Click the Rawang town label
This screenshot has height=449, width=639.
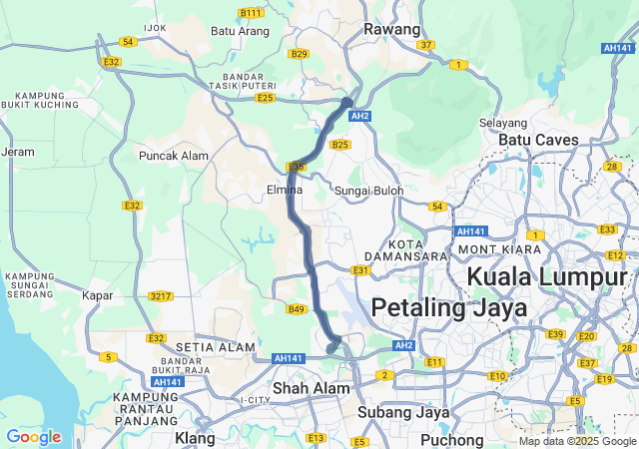pyautogui.click(x=391, y=30)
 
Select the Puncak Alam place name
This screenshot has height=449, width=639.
pyautogui.click(x=167, y=156)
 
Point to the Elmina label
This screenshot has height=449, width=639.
pyautogui.click(x=285, y=190)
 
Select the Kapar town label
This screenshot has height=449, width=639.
pyautogui.click(x=99, y=296)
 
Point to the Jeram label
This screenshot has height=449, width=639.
pyautogui.click(x=18, y=153)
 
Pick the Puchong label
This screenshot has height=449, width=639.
pyautogui.click(x=452, y=438)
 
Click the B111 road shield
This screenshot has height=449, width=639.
pyautogui.click(x=252, y=13)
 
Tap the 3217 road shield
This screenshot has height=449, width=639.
pyautogui.click(x=160, y=296)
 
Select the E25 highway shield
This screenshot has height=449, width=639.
pyautogui.click(x=265, y=98)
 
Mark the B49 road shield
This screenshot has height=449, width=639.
pyautogui.click(x=296, y=309)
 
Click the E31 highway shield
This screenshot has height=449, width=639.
pyautogui.click(x=360, y=270)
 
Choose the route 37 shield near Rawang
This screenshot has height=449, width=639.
pyautogui.click(x=426, y=45)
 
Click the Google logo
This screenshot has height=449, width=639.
pyautogui.click(x=33, y=437)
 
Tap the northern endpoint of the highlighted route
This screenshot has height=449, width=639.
pyautogui.click(x=347, y=102)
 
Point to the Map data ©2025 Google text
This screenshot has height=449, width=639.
pyautogui.click(x=576, y=441)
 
